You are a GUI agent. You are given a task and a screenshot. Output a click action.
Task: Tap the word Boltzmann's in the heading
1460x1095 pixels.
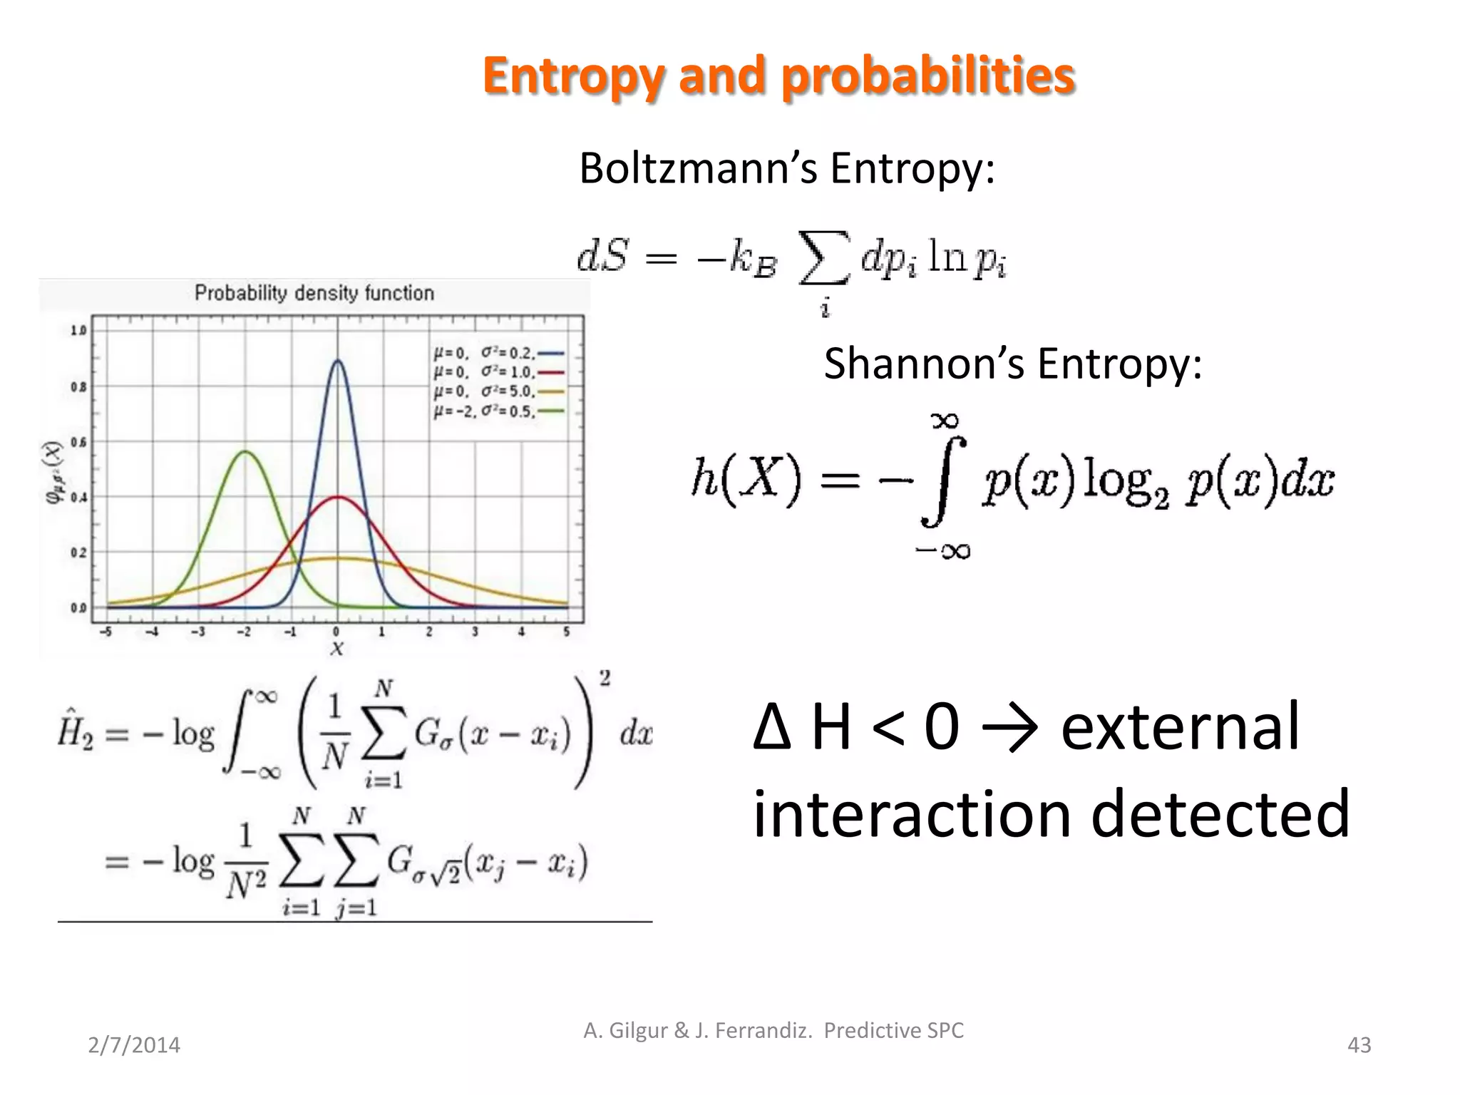[698, 170]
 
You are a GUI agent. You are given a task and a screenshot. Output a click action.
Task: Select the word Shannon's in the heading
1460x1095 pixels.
[924, 364]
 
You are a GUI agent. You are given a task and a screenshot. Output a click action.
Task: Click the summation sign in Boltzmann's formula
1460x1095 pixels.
[824, 257]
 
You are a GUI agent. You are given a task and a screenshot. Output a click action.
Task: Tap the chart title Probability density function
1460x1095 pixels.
[314, 293]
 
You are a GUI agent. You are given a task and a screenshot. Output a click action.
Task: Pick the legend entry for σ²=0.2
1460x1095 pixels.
[499, 353]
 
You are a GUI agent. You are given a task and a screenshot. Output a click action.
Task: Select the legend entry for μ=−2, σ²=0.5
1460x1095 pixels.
[499, 411]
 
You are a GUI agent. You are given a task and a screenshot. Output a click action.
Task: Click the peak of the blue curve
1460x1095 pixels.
[337, 361]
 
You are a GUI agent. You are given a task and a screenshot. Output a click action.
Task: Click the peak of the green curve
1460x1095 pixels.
[245, 452]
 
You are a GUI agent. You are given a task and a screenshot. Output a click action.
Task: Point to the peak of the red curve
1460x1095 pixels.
[337, 497]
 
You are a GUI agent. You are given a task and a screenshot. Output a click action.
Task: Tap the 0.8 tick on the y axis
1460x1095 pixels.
[78, 387]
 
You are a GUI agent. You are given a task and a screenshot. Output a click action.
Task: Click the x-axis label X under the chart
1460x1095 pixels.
[337, 649]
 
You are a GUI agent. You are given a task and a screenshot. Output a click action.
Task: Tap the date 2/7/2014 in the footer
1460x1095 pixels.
[134, 1045]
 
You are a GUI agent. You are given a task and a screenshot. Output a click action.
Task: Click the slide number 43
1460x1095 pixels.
[1359, 1045]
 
